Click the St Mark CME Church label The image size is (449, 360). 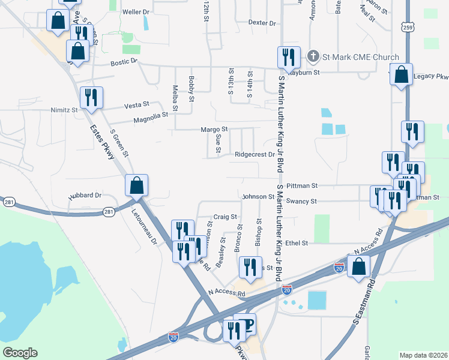pos(360,57)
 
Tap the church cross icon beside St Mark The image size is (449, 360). pos(312,57)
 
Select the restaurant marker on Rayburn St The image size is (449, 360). pos(289,58)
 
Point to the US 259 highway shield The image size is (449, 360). pos(408,28)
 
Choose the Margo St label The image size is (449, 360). pos(214,129)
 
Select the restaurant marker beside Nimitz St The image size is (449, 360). pos(91,97)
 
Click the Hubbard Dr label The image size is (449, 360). pos(85,195)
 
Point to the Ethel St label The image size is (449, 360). pos(297,243)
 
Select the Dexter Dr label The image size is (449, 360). pos(262,23)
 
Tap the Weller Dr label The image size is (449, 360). pos(135,11)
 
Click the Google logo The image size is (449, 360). pos(20,353)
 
